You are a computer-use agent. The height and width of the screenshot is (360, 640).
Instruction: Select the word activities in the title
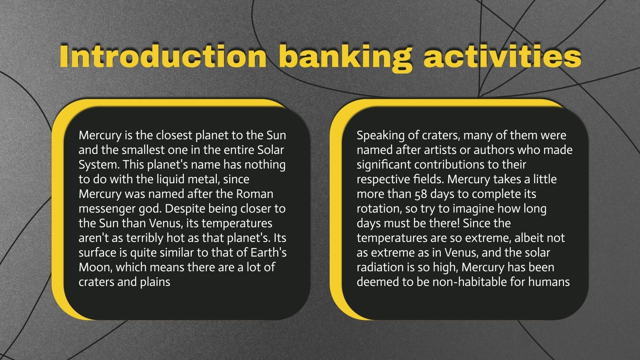point(502,56)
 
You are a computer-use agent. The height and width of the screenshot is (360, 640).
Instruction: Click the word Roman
point(255,194)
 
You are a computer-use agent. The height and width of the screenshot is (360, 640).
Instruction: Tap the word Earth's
point(268,253)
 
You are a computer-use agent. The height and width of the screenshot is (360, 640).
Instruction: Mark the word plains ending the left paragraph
point(155,282)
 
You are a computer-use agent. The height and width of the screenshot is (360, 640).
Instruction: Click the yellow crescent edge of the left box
point(58,208)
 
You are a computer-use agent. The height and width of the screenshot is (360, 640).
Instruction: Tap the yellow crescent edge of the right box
point(336,208)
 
